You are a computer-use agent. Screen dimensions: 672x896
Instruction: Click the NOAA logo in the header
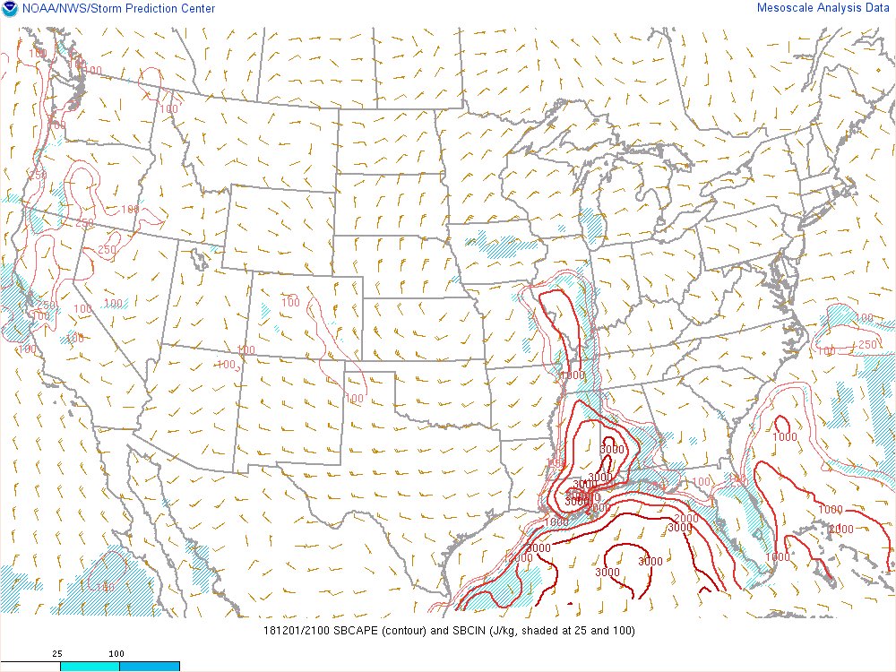pyautogui.click(x=10, y=9)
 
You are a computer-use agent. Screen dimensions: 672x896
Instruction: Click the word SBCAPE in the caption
pyautogui.click(x=357, y=631)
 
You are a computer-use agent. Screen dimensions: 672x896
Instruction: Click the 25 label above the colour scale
pyautogui.click(x=56, y=654)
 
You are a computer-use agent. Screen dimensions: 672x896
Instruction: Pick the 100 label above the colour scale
pyautogui.click(x=116, y=654)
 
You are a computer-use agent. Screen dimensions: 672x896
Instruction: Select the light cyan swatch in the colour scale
pyautogui.click(x=90, y=666)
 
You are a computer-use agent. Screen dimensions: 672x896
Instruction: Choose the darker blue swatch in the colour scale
pyautogui.click(x=150, y=666)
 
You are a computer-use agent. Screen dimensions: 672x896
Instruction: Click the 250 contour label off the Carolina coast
pyautogui.click(x=867, y=345)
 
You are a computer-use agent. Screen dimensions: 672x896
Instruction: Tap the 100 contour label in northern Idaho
pyautogui.click(x=169, y=109)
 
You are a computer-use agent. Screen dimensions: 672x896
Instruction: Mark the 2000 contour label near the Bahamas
pyautogui.click(x=840, y=530)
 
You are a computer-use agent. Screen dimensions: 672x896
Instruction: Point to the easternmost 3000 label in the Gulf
pyautogui.click(x=650, y=562)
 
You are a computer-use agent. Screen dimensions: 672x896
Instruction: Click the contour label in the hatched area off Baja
pyautogui.click(x=106, y=587)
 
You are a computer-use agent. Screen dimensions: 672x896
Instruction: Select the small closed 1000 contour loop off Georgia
pyautogui.click(x=781, y=426)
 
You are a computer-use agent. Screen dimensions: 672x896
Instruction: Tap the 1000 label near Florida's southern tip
pyautogui.click(x=778, y=557)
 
